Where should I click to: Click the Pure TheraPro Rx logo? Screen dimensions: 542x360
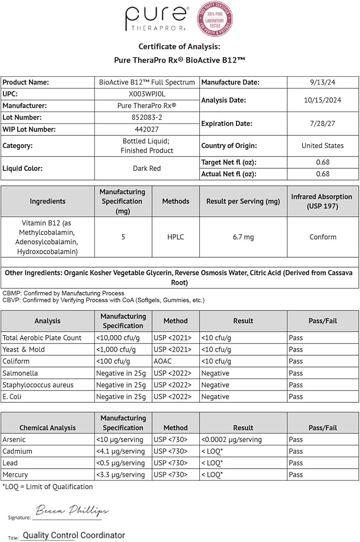point(156,19)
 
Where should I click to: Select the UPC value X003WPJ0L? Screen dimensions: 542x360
point(147,94)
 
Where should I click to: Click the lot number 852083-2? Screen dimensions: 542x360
point(147,117)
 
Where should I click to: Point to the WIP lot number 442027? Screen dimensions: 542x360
point(147,129)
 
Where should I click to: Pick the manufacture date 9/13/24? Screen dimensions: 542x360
point(322,82)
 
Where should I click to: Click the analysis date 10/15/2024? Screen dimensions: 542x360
point(322,100)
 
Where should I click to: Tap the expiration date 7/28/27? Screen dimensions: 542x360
point(322,123)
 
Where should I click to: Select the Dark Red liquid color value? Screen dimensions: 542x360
point(147,168)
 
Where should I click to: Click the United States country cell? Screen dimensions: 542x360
point(322,145)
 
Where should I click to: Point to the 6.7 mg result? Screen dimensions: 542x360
point(243,237)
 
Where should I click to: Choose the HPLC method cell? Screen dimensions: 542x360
point(175,237)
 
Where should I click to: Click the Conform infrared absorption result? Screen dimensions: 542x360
point(322,237)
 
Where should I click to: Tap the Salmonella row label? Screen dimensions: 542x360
point(21,373)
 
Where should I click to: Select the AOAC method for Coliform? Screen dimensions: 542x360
point(163,361)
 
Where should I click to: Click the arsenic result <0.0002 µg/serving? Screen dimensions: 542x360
point(232,440)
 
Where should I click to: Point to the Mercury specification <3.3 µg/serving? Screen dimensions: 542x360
point(120,475)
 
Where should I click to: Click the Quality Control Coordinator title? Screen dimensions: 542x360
point(74,535)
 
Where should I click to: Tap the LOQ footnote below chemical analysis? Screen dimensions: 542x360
point(48,486)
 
